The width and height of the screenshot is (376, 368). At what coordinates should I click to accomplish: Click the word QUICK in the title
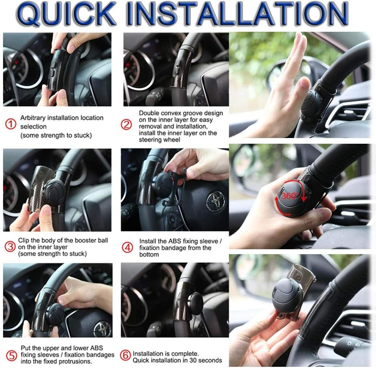click(66, 15)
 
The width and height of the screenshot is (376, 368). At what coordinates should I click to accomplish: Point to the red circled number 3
click(10, 247)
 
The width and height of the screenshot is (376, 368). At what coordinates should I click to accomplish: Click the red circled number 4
click(128, 248)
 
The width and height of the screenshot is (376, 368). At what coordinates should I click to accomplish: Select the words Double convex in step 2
click(159, 113)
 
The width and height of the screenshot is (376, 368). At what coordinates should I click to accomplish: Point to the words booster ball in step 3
click(91, 240)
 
